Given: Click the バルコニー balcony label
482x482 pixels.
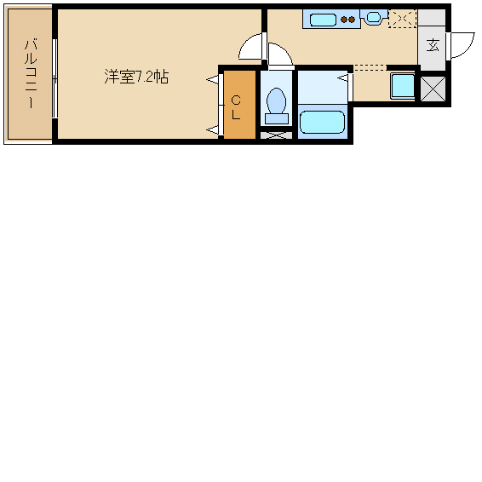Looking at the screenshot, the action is point(31,74).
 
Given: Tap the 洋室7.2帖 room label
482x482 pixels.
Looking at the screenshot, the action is point(136,77).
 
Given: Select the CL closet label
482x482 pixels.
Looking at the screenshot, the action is point(236,107).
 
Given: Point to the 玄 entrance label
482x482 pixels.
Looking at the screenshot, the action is point(433,45).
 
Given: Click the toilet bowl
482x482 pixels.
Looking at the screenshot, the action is point(276,100).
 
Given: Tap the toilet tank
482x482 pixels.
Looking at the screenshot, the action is point(277,118).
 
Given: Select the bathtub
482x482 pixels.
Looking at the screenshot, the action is point(322,122).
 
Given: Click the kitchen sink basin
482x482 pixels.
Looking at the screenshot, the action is point(323,20).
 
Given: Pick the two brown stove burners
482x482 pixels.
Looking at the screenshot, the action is point(348,20).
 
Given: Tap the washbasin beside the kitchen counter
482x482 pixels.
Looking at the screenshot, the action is point(374,17).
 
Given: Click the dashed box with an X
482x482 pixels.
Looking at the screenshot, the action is point(403,19).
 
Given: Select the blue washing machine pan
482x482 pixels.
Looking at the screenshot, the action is point(403,86).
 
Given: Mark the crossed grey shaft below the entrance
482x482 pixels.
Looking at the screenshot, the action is point(433,89).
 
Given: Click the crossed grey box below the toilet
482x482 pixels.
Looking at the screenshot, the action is point(276,135).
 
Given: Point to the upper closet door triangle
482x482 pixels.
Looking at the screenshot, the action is point(212,80).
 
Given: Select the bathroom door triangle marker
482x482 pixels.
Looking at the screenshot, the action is point(342,78).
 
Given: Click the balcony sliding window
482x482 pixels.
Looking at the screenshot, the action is point(55,78).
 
